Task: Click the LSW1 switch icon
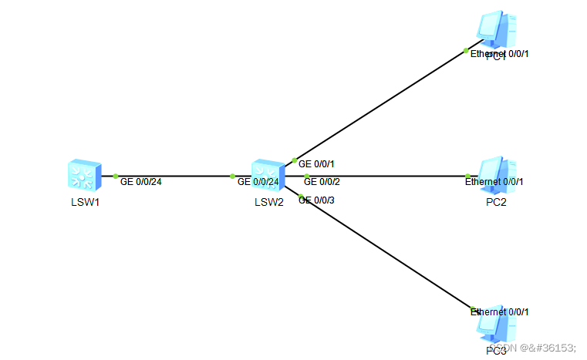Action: click(83, 177)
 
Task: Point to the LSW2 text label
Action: click(268, 203)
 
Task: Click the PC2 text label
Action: click(496, 203)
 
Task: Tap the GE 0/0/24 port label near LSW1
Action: click(141, 182)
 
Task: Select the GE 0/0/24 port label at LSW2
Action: click(258, 182)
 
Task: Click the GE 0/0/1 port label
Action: click(316, 164)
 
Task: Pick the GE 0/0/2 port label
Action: click(322, 182)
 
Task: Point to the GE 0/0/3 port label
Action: click(316, 200)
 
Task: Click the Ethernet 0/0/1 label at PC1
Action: click(500, 54)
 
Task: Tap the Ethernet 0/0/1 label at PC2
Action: click(494, 182)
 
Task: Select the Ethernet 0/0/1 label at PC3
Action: click(500, 311)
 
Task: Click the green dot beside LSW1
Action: click(116, 176)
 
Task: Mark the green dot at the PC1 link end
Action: click(466, 51)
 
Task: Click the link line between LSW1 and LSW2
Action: click(174, 176)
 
